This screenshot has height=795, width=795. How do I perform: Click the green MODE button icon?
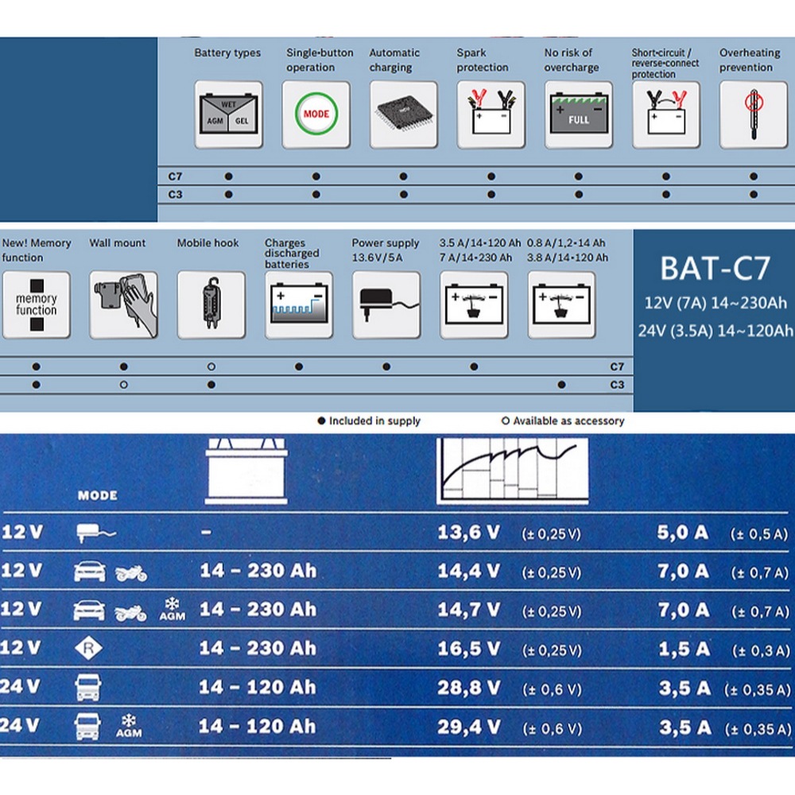pos(316,114)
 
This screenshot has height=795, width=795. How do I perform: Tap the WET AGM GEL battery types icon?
pos(228,114)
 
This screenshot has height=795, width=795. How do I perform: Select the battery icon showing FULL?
pos(579,113)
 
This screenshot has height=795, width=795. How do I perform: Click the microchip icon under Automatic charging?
pos(404,113)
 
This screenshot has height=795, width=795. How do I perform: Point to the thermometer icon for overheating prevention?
pos(754,114)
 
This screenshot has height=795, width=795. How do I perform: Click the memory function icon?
pos(36,304)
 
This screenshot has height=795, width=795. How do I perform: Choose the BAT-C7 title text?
pos(715,268)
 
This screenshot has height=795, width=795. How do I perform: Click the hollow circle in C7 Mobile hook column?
pos(211,366)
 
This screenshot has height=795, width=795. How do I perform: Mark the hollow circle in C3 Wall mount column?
pos(124,385)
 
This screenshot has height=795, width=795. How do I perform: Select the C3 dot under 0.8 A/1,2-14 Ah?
pos(561,385)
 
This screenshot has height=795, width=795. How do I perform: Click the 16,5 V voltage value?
pos(469,649)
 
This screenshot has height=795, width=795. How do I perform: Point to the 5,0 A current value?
pos(682,533)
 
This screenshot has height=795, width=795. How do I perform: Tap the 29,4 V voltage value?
pos(469,727)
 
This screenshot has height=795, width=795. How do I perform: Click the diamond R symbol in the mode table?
pos(88,648)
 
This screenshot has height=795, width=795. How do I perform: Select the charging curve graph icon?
pos(512,471)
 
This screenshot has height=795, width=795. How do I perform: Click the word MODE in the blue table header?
pos(97,495)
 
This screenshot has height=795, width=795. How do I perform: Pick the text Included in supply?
pos(374,421)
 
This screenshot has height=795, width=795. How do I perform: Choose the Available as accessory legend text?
pos(568,421)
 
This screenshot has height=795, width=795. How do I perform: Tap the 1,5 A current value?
pos(684,649)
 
